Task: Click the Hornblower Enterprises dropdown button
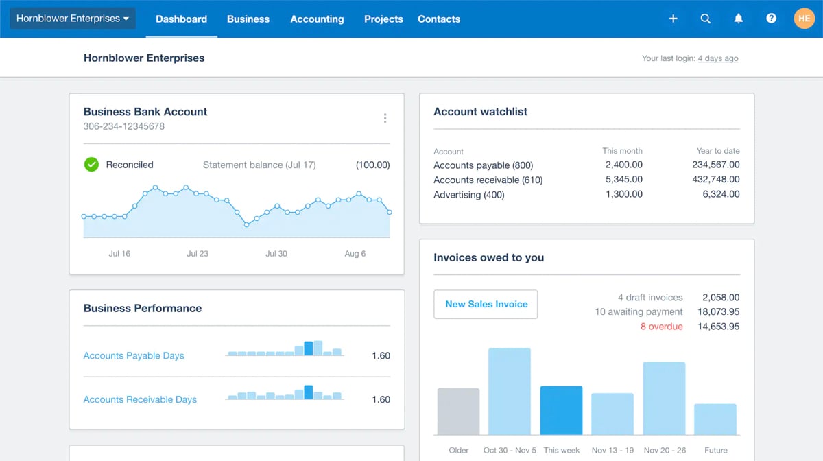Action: tap(73, 19)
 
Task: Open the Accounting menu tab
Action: tap(317, 19)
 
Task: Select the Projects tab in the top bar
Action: tap(383, 19)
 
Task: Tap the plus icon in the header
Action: tap(673, 19)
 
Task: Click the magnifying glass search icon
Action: tap(705, 19)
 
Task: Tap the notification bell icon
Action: tap(738, 19)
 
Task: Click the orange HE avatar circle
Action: tap(804, 19)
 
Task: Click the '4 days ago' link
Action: tap(717, 58)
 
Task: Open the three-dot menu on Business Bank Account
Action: tap(385, 118)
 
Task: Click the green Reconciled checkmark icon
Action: tap(91, 165)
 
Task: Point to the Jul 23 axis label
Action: tap(198, 254)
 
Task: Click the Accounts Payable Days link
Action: tap(134, 355)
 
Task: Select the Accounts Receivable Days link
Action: tap(140, 399)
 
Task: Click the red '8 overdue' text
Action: tap(661, 327)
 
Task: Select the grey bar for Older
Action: tap(458, 411)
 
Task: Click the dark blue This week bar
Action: tap(561, 410)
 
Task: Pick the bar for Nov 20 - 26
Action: tap(664, 398)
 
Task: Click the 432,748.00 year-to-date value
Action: tap(716, 180)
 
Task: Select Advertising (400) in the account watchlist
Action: tap(468, 195)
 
